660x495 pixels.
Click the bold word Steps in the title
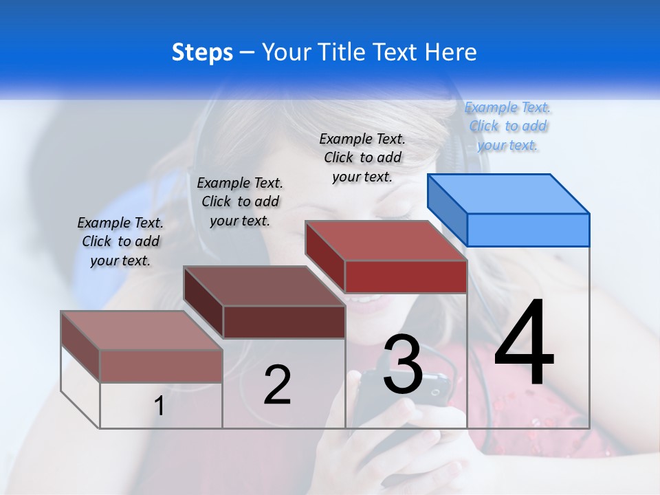201,52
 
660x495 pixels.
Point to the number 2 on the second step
277,384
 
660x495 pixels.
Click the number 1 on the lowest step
159,406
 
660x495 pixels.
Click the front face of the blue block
528,230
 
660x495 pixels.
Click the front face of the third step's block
406,276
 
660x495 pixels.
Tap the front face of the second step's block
284,322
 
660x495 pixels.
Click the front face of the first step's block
161,366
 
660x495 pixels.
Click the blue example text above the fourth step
508,126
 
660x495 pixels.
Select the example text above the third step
362,157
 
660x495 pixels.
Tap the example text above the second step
240,201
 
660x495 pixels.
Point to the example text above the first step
120,241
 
